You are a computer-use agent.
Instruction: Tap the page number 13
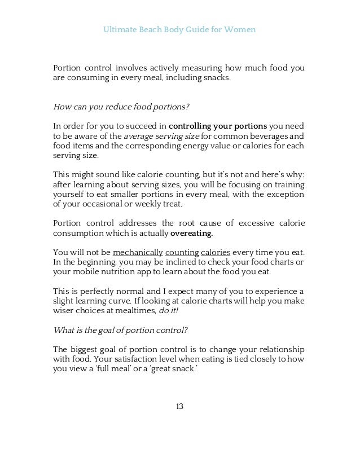click(x=179, y=406)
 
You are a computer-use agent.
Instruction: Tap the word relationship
click(x=280, y=349)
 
